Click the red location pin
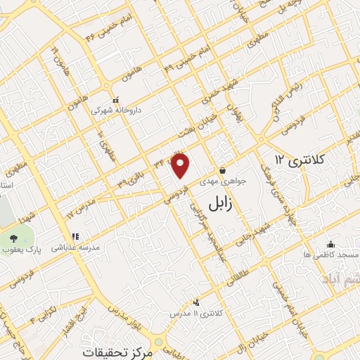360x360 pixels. point(181,165)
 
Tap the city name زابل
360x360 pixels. point(224,204)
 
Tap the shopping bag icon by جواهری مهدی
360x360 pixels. point(223,170)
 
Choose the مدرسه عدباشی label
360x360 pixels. point(74,247)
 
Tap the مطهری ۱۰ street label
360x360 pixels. point(107,145)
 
